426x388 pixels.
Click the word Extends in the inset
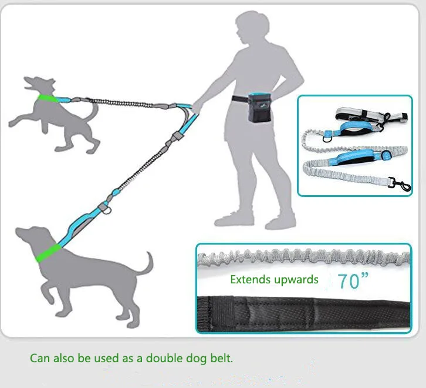click(x=250, y=280)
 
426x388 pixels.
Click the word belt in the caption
click(x=219, y=357)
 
